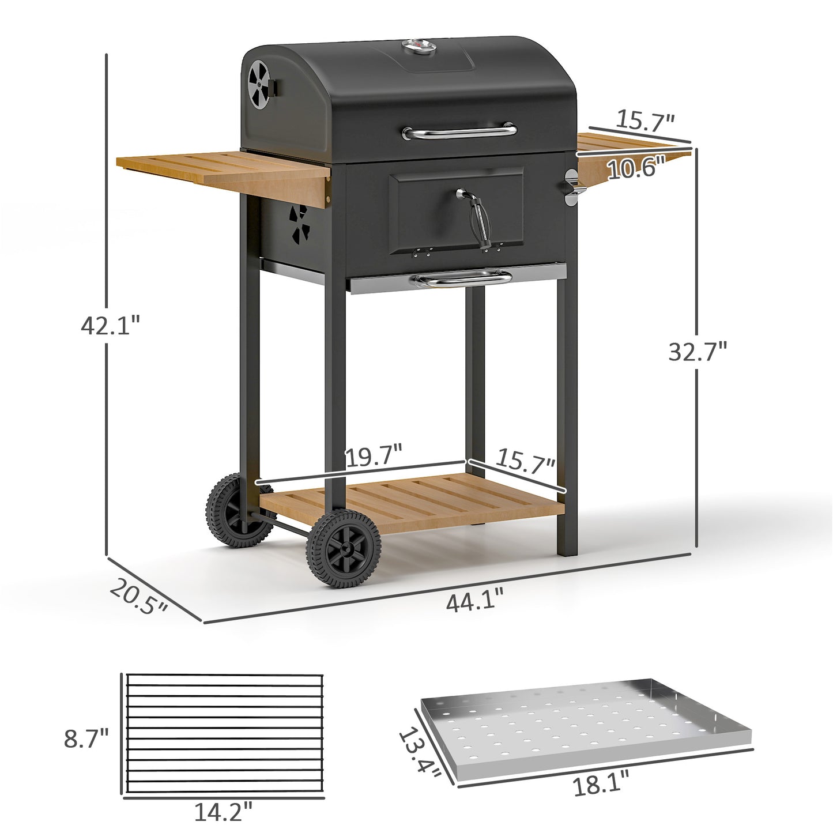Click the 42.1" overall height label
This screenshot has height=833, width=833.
(x=111, y=326)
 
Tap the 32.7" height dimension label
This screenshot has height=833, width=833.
(x=698, y=351)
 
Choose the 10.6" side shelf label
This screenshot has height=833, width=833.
(x=636, y=168)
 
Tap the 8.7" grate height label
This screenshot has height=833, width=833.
(x=86, y=738)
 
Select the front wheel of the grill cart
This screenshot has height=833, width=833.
(x=344, y=549)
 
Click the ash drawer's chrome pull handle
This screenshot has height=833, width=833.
(x=461, y=281)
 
